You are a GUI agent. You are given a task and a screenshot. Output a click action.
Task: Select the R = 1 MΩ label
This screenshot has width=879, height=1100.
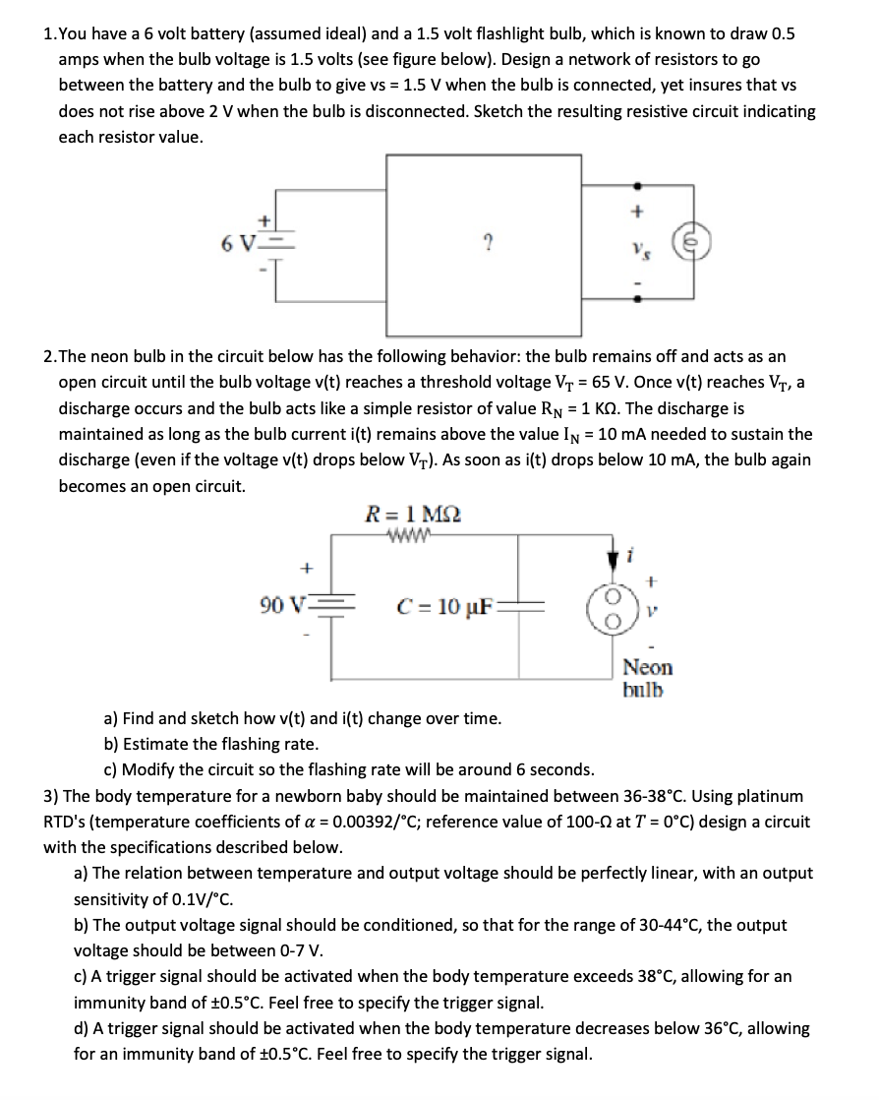(412, 513)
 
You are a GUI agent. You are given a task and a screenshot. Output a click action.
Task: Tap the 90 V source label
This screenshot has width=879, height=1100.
(282, 603)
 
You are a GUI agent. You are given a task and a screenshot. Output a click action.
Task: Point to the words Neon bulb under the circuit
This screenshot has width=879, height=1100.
(647, 677)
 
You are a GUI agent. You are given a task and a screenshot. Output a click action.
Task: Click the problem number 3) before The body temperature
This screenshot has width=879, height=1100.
(50, 795)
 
